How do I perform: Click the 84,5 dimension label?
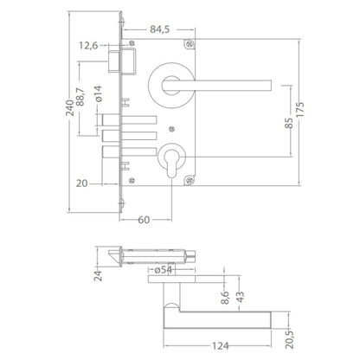coord(159,29)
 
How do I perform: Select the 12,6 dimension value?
coord(88,46)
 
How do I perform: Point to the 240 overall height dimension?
coord(69,108)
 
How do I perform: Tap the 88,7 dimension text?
coord(80,97)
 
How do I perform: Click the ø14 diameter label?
coord(98,93)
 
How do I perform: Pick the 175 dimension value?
coord(300,109)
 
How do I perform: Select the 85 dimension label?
coord(289,123)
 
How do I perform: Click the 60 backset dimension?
coord(144,220)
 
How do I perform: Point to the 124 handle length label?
coord(221,345)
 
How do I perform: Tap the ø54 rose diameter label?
coord(163,270)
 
